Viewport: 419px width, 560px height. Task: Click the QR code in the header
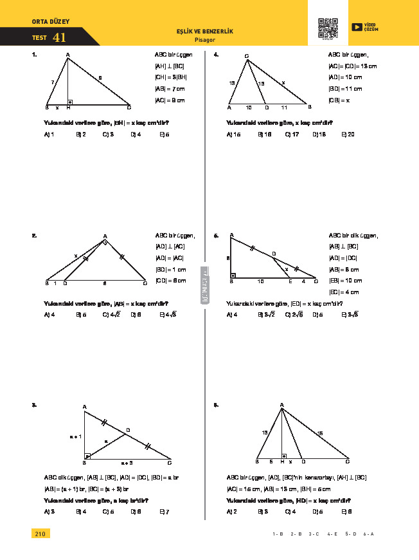point(328,28)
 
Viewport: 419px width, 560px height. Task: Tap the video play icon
point(357,26)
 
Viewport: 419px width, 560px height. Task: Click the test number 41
point(60,38)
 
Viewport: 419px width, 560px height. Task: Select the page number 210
point(40,534)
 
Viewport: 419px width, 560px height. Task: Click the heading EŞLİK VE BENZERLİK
point(204,32)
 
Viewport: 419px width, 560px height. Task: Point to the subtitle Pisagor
point(204,39)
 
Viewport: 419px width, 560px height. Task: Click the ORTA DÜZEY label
point(50,22)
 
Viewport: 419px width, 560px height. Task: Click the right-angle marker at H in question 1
point(70,102)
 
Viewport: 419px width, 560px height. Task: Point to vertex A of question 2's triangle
point(105,236)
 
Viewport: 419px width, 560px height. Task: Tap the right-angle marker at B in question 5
point(233,275)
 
